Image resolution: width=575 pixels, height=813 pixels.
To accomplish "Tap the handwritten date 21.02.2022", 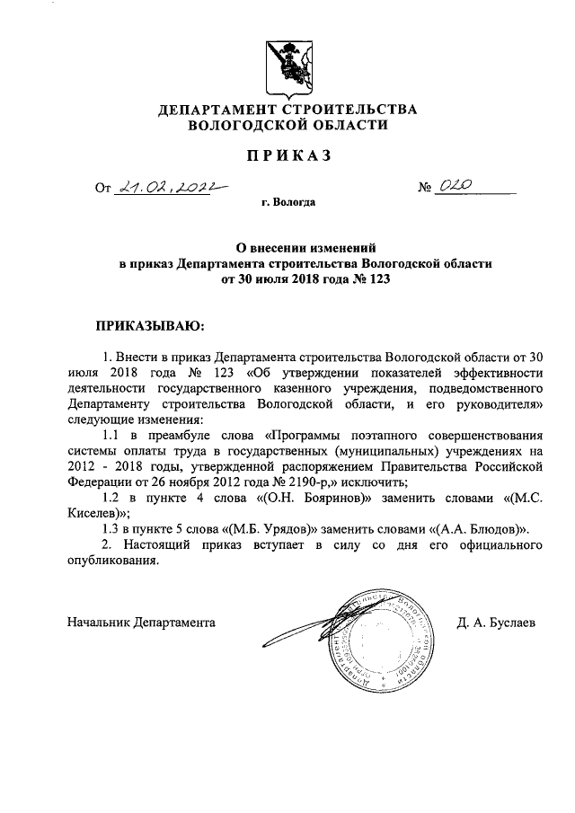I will [165, 187].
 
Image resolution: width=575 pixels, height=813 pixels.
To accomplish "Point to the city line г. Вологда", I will [287, 203].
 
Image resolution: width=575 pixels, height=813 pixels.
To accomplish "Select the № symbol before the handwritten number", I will [425, 188].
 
